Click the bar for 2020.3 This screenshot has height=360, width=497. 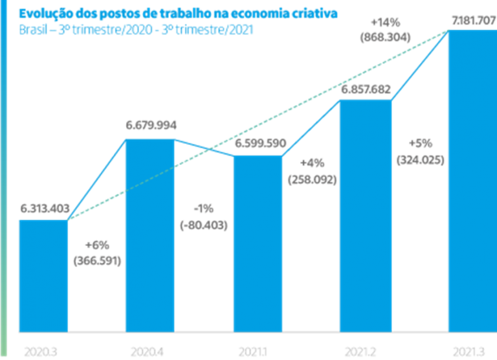[x=43, y=275]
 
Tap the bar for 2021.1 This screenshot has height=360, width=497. [x=258, y=243]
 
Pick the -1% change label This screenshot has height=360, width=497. [x=203, y=208]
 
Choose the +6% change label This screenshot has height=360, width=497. [x=98, y=245]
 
